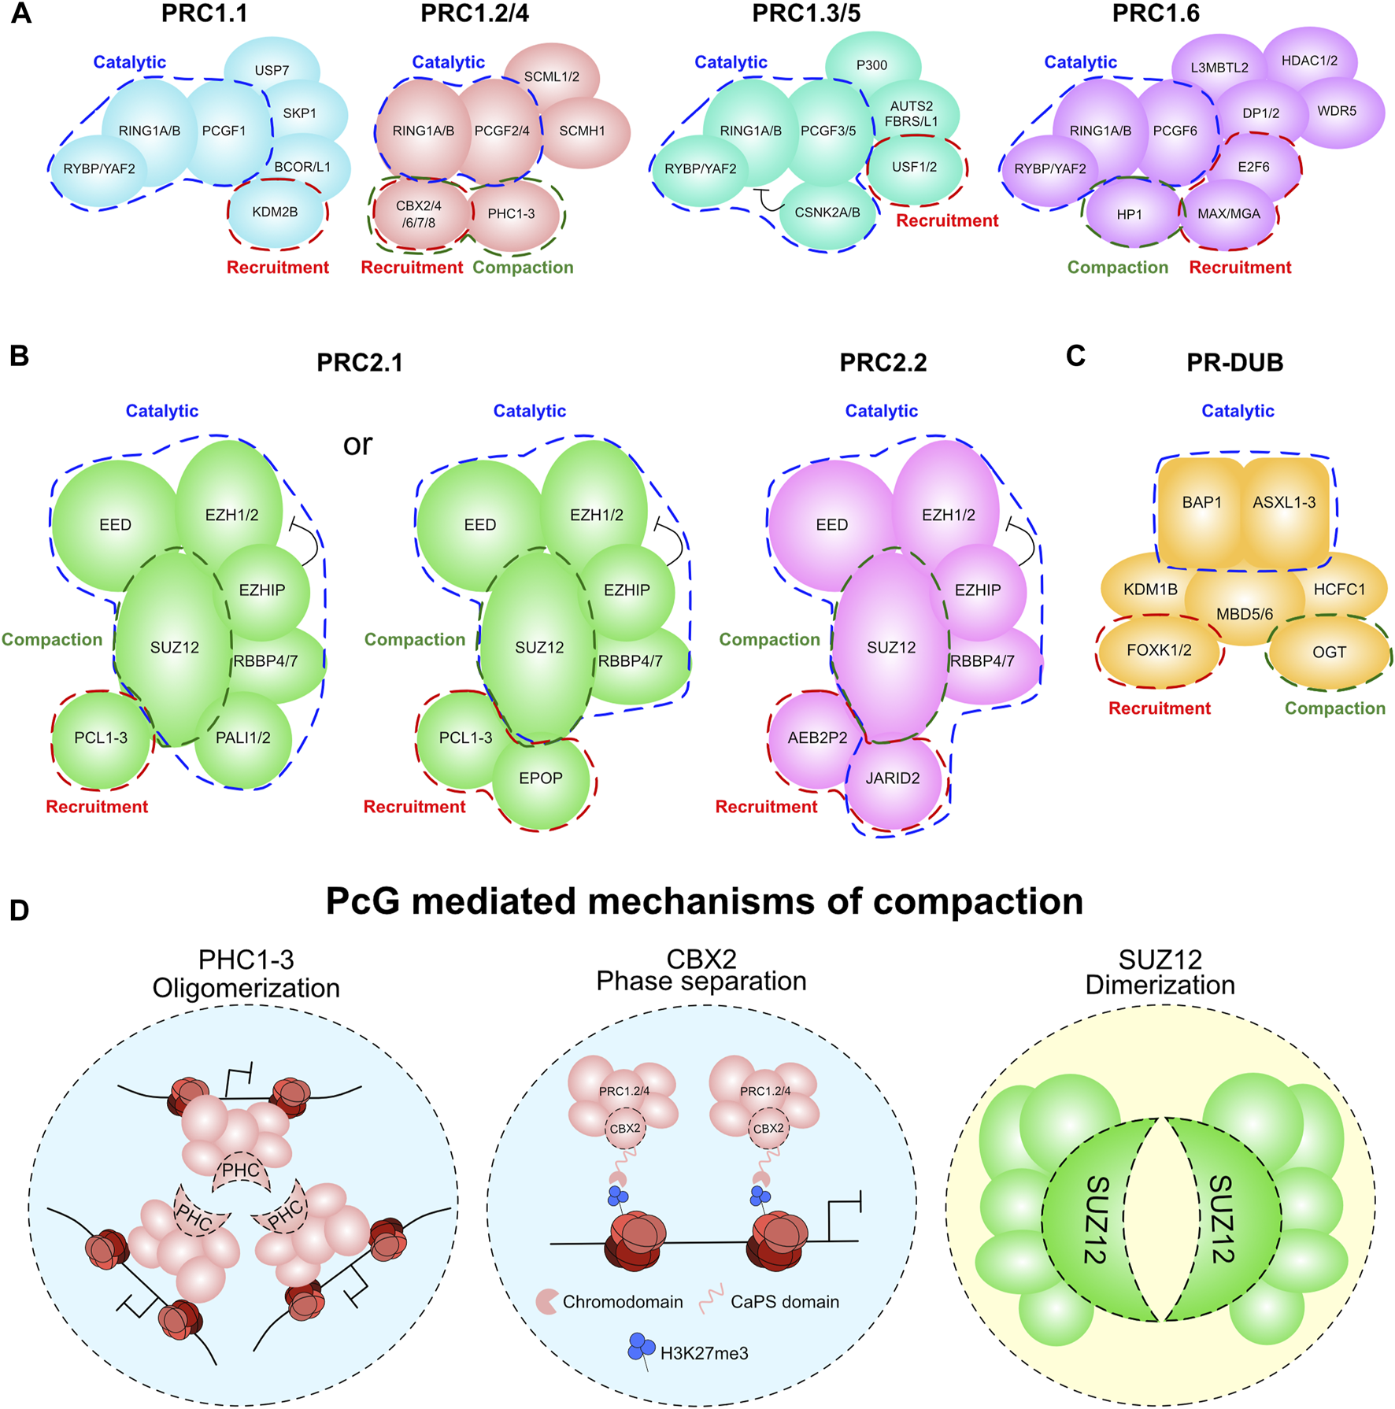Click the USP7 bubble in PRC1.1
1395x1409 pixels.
(272, 69)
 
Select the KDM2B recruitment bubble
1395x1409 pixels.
(275, 211)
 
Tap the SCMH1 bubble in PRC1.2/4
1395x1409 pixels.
(582, 131)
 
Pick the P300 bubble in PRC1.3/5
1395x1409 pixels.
(871, 65)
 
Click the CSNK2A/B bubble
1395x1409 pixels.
(827, 213)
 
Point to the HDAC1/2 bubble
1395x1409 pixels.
(1309, 61)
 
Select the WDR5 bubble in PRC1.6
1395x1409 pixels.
(1337, 111)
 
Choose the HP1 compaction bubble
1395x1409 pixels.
(1129, 214)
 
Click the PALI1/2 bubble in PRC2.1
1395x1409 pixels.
(243, 738)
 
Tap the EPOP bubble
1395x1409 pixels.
(541, 778)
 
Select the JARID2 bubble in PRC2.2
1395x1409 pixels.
(893, 778)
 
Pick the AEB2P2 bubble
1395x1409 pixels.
(817, 738)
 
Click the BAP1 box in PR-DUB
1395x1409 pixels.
(1201, 502)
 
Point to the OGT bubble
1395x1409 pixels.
(1329, 652)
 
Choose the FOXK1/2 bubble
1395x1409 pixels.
(1159, 650)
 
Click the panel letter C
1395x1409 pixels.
(1075, 356)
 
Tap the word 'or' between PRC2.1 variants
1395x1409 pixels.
(357, 445)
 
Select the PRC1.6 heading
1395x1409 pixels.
(1156, 13)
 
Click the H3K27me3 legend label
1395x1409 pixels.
(704, 1353)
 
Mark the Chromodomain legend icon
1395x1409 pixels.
(547, 1301)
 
